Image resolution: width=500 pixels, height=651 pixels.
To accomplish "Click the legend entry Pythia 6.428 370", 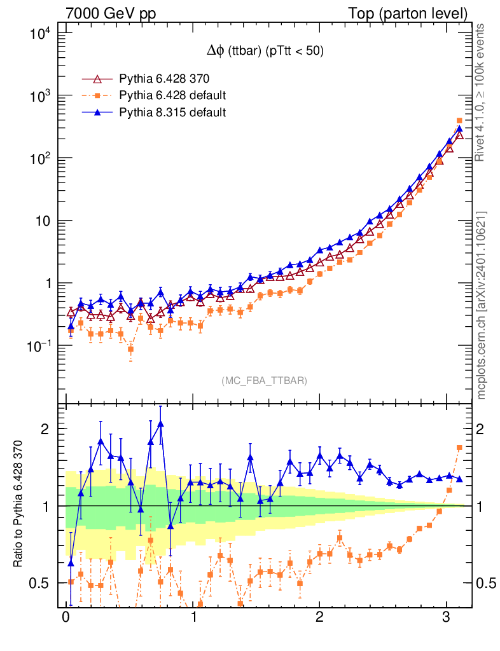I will pyautogui.click(x=164, y=79).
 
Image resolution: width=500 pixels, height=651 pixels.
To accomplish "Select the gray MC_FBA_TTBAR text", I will pyautogui.click(x=265, y=380).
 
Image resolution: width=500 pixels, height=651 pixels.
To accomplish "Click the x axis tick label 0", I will pyautogui.click(x=66, y=618).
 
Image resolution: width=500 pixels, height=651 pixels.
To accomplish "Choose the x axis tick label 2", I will pyautogui.click(x=319, y=618).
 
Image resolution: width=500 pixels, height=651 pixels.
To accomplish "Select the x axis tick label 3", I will pyautogui.click(x=447, y=618).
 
